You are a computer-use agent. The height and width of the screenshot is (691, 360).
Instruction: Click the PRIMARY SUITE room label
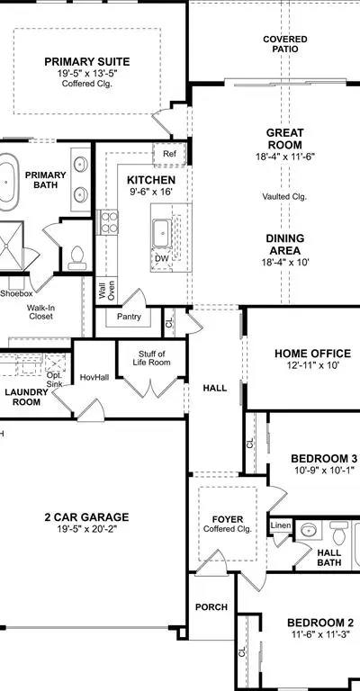point(86,62)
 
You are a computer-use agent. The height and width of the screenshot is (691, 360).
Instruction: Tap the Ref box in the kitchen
point(169,154)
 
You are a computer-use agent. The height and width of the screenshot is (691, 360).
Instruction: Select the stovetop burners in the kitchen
point(107,222)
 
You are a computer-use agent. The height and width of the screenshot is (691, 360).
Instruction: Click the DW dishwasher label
point(162,258)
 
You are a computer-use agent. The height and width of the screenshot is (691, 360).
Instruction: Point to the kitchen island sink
point(162,234)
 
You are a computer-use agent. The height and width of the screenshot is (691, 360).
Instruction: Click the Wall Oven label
point(106,291)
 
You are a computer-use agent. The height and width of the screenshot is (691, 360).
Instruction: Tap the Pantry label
point(129,317)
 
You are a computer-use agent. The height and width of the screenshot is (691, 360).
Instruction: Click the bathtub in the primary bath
point(7,181)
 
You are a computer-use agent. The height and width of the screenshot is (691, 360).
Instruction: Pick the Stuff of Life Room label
point(151,358)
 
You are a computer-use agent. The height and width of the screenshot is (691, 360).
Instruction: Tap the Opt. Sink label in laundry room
point(55,380)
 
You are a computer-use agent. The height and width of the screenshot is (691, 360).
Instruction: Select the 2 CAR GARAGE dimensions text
point(86,528)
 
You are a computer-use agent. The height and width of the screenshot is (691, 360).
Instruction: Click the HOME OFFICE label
point(312,354)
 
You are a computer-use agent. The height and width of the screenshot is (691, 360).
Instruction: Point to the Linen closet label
point(281,525)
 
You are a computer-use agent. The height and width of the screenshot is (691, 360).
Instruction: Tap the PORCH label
point(211,607)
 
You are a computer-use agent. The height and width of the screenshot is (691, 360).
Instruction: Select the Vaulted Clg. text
point(284,196)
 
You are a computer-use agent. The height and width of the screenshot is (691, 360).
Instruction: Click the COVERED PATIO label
point(285,44)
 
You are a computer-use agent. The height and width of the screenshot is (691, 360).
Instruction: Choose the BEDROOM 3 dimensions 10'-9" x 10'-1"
point(324,471)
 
